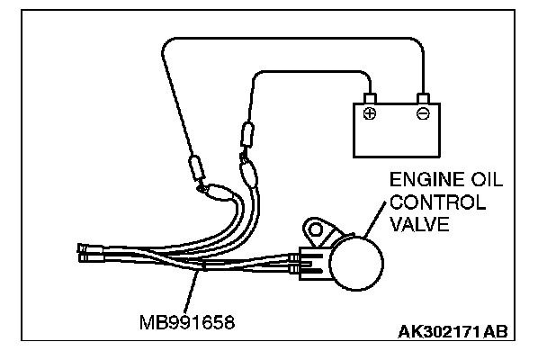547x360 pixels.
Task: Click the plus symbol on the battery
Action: tap(369, 114)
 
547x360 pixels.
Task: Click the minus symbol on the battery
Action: tap(423, 114)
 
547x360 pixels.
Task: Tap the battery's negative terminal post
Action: tap(423, 96)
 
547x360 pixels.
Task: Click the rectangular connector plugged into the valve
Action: tap(313, 261)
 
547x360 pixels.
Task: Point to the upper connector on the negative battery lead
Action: tap(193, 168)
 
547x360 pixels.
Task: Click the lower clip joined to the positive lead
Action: tap(248, 168)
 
